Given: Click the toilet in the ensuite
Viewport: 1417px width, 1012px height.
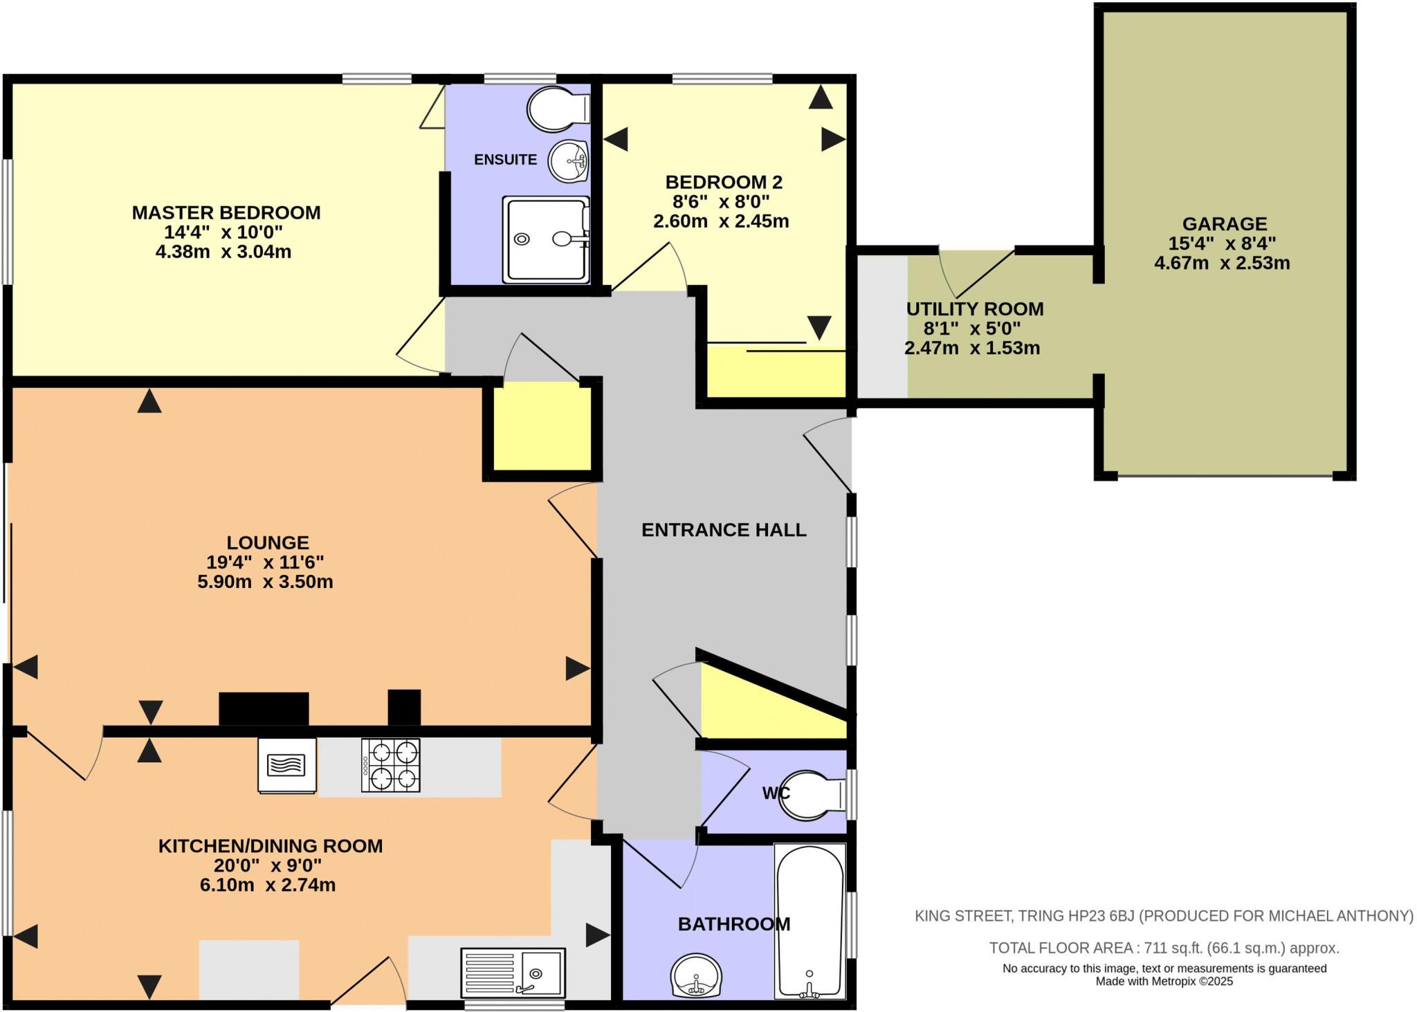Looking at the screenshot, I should [x=557, y=109].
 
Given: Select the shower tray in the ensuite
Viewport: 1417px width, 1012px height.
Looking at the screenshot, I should [x=546, y=239].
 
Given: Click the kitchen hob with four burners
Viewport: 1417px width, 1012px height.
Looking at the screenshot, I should [x=391, y=766].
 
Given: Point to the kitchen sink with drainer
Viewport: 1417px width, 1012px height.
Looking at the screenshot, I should [x=513, y=972].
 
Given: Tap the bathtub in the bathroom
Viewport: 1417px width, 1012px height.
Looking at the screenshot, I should [x=810, y=921].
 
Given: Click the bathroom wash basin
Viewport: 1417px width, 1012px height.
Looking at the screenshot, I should [x=696, y=975].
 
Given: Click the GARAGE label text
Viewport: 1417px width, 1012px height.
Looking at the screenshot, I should [x=1224, y=223].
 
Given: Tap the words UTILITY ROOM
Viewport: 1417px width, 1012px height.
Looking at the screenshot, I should [x=974, y=309].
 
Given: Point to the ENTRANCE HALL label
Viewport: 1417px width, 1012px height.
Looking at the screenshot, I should [x=724, y=530].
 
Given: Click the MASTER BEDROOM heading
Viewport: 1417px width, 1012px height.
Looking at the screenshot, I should [x=226, y=212].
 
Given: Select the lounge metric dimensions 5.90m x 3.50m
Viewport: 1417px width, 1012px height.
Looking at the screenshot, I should [x=265, y=582].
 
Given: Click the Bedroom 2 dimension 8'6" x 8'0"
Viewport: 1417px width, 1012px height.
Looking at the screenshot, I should [x=721, y=202].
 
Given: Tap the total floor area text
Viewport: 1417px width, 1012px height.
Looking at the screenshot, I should [x=1164, y=948].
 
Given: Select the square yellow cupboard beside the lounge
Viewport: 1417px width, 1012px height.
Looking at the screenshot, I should [x=542, y=429].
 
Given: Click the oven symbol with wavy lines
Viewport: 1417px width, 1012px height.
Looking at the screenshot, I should [x=286, y=765].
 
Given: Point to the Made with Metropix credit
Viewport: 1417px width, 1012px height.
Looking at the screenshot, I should [x=1164, y=982].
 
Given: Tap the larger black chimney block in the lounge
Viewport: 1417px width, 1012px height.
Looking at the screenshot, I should [x=264, y=708].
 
